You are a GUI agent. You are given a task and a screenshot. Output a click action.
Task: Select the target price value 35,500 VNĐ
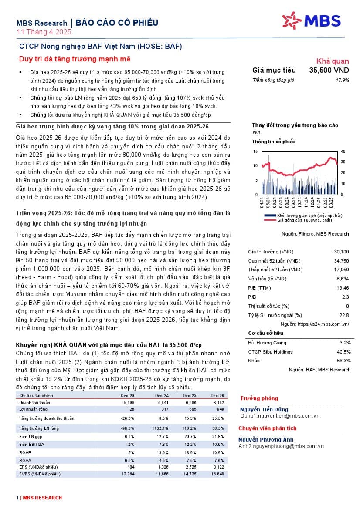[329, 70]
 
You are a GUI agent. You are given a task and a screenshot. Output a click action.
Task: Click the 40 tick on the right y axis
[343, 152]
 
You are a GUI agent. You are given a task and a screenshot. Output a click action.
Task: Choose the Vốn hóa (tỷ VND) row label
[267, 279]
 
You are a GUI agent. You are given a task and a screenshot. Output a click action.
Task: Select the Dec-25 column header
[189, 395]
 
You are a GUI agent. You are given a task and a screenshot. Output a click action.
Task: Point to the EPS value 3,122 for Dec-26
[218, 466]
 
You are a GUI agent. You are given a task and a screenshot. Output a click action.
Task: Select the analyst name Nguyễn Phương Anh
[266, 440]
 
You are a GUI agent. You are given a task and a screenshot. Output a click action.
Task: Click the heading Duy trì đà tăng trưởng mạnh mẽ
[75, 59]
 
